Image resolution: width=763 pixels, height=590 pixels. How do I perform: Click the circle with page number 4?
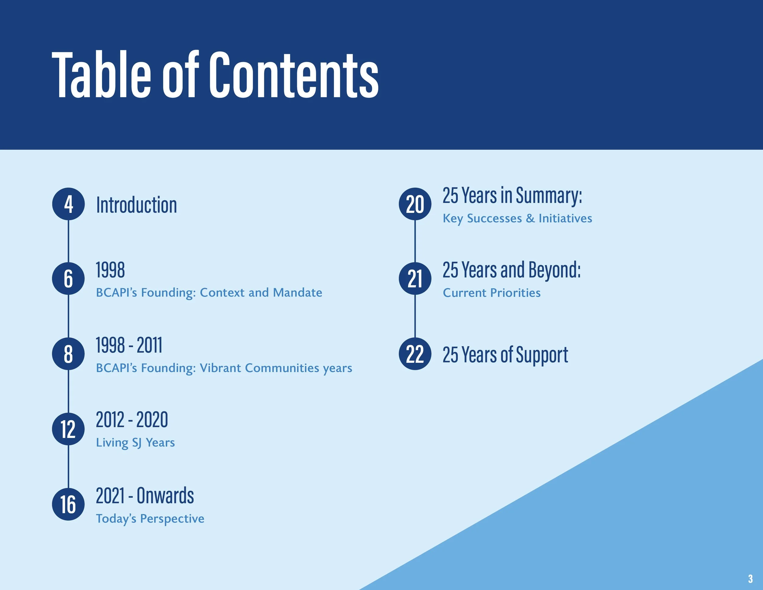(68, 204)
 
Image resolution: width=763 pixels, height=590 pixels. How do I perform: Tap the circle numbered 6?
(68, 279)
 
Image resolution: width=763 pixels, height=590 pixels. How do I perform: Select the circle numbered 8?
(68, 354)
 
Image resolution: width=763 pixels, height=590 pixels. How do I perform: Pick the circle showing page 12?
(68, 429)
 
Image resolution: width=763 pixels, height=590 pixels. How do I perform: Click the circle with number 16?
(68, 504)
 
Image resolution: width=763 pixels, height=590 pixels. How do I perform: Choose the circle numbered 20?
(415, 204)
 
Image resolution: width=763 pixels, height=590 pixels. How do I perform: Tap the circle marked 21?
(415, 279)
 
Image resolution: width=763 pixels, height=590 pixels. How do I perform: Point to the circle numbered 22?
(415, 354)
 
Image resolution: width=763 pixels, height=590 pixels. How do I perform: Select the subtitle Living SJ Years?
(135, 442)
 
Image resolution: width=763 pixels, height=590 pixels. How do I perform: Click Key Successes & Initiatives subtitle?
(517, 218)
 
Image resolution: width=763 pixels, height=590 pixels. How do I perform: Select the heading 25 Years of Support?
(505, 355)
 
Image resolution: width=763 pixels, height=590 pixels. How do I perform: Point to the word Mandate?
(297, 293)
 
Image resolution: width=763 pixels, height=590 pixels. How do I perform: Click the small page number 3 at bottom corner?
(750, 578)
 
